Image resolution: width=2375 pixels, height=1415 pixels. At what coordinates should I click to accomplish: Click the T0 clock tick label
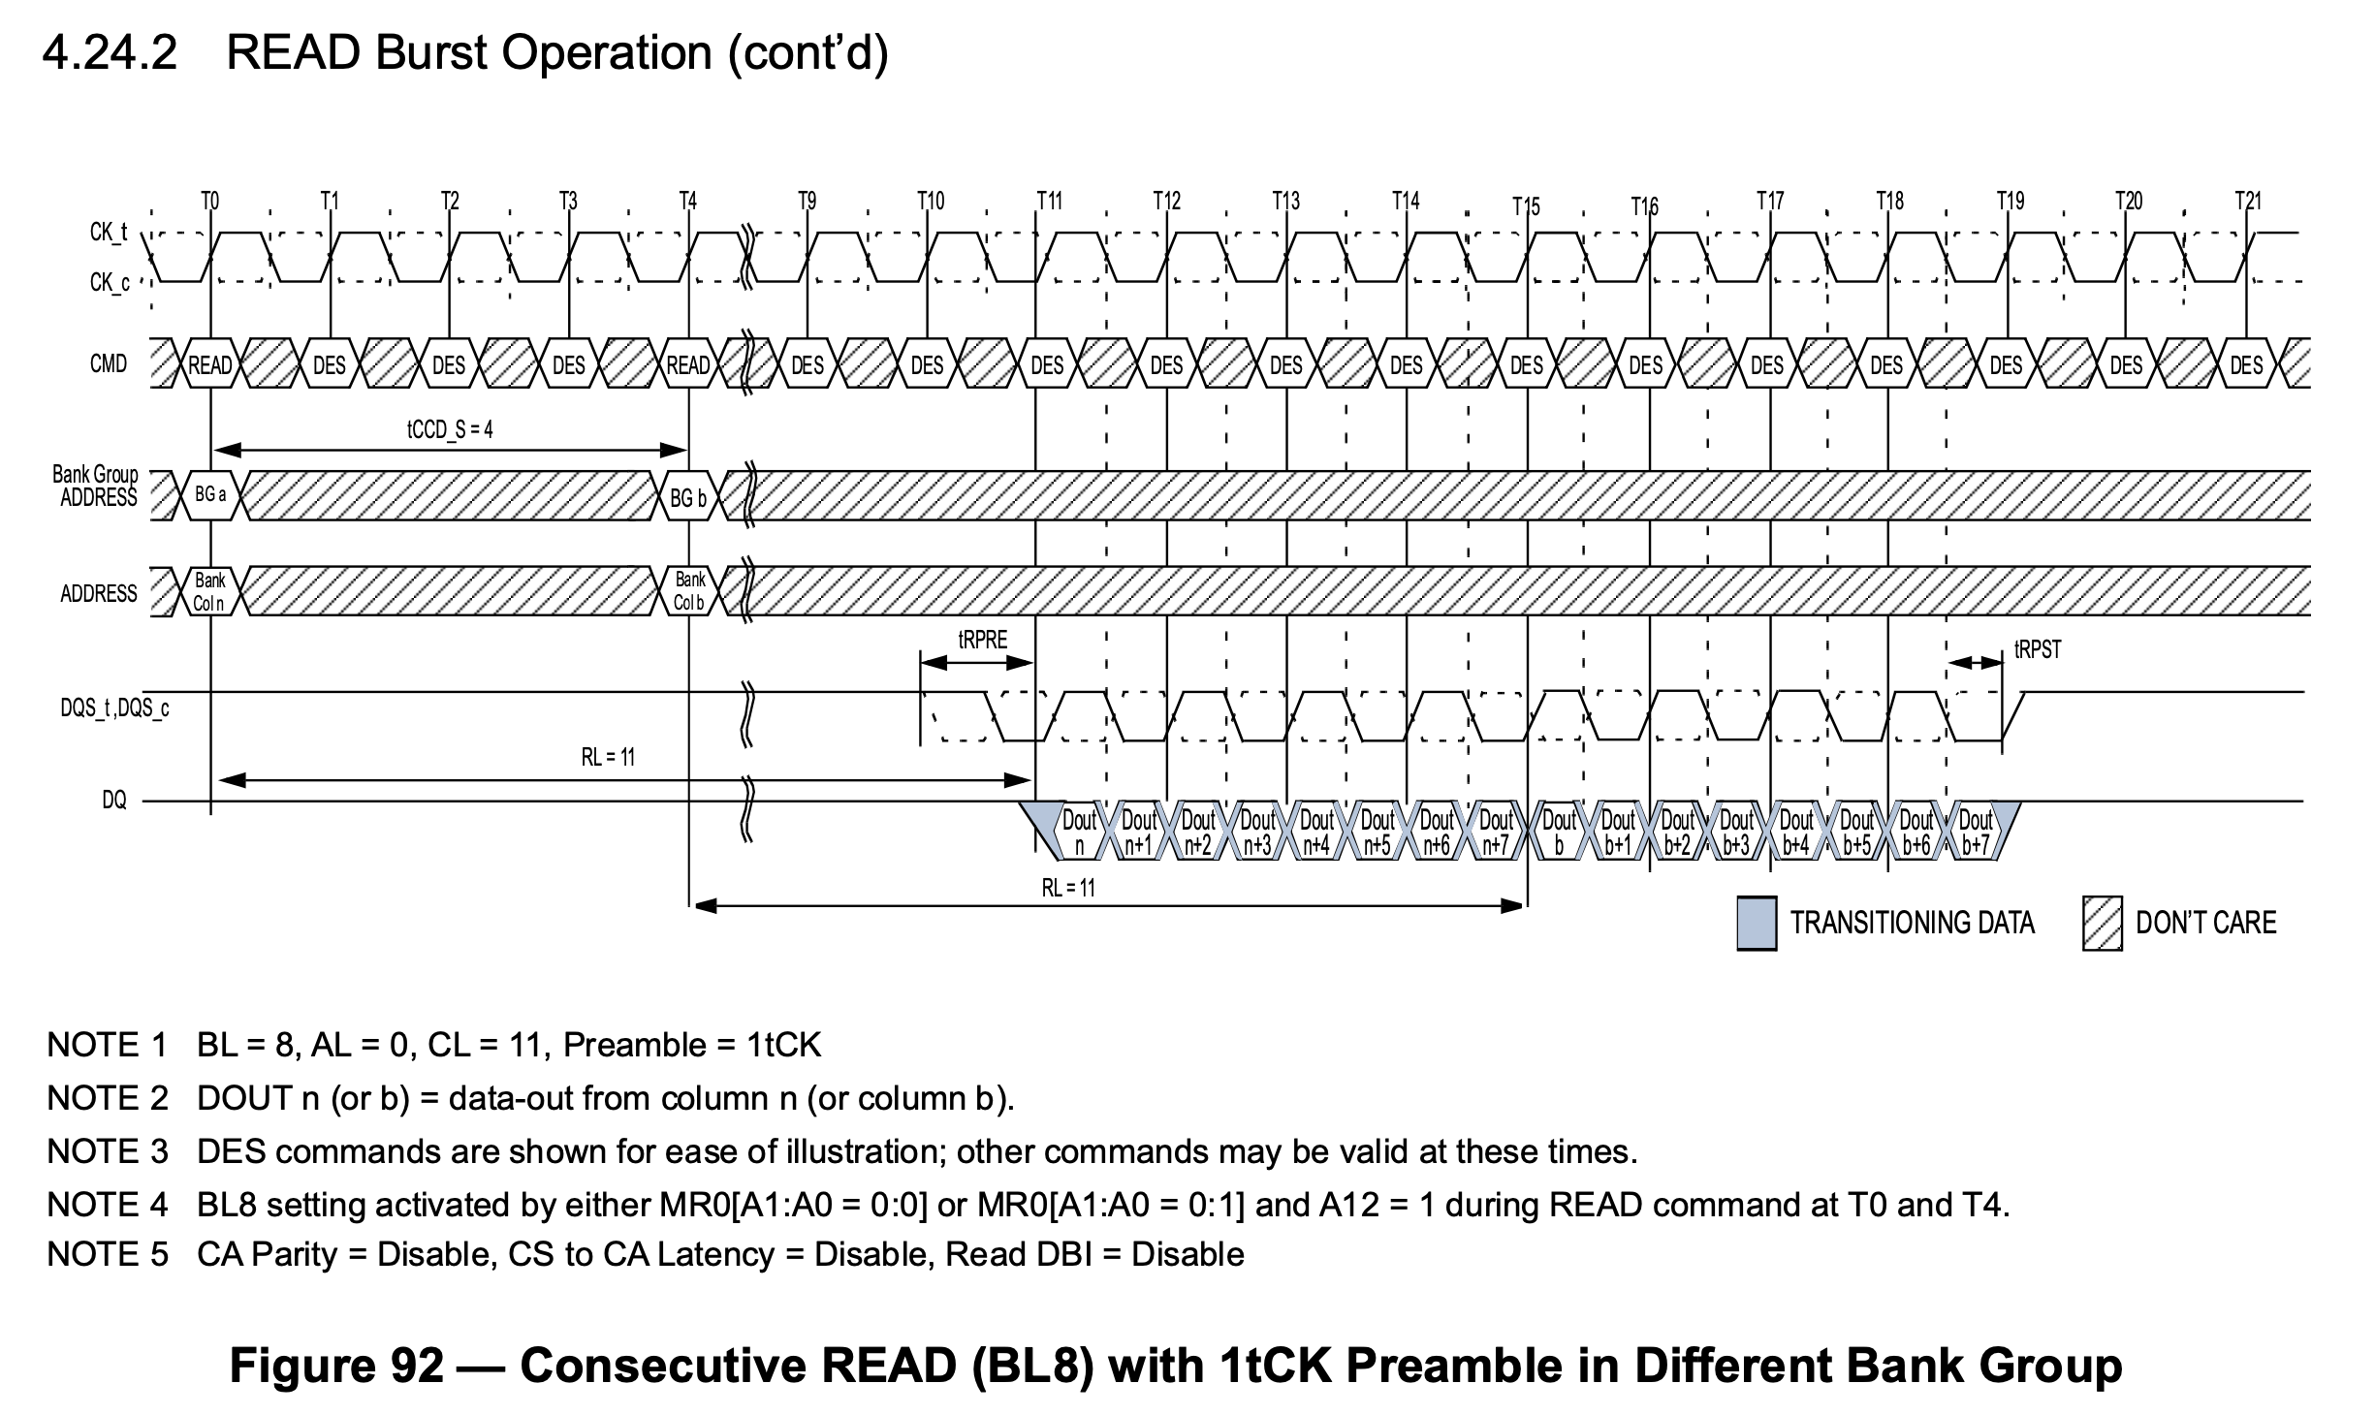[x=210, y=201]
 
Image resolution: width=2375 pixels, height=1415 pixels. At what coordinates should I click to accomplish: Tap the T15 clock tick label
[x=1526, y=206]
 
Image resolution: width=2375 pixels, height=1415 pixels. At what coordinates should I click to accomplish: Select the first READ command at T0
[x=210, y=365]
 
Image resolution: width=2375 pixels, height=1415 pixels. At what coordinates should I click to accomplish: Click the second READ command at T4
[x=688, y=365]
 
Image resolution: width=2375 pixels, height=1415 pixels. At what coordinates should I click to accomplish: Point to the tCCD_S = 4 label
[x=450, y=429]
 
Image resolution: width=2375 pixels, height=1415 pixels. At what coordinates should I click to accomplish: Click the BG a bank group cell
[x=210, y=495]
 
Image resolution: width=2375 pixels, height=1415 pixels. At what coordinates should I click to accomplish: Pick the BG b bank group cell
[x=688, y=498]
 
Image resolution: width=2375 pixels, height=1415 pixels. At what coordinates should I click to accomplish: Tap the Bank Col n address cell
[x=209, y=592]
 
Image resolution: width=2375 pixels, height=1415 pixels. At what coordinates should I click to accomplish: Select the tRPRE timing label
[x=983, y=640]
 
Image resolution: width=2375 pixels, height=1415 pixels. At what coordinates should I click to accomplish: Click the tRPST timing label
[x=2038, y=650]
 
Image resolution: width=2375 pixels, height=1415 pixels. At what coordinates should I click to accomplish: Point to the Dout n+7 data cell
[x=1497, y=833]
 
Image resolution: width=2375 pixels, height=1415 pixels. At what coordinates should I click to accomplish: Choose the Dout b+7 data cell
[x=1976, y=833]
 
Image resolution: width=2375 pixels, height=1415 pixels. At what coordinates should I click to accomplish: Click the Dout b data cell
[x=1559, y=833]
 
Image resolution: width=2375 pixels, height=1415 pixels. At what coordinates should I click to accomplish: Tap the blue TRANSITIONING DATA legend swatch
[x=1757, y=923]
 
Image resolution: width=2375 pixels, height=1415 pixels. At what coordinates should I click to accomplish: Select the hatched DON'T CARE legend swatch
[x=2102, y=923]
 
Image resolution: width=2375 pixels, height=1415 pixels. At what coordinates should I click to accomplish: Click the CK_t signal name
[x=109, y=233]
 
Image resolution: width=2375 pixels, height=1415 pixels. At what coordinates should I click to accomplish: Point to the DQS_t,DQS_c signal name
[x=114, y=708]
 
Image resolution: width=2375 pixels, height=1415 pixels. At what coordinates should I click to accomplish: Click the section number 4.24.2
[x=110, y=52]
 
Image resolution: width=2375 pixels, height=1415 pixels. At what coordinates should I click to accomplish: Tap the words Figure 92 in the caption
[x=336, y=1366]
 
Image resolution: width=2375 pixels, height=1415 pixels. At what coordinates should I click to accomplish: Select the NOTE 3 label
[x=108, y=1151]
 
